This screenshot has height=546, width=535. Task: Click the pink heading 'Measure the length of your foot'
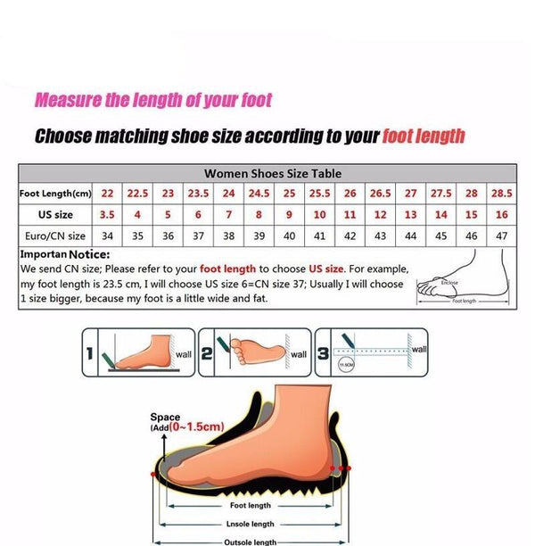[152, 101]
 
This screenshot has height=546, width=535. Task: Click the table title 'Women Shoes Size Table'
[272, 174]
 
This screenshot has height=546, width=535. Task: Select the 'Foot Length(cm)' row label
[56, 194]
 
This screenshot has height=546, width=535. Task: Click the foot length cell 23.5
[198, 194]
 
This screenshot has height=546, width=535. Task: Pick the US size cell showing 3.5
[107, 215]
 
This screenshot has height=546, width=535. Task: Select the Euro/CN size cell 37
[198, 236]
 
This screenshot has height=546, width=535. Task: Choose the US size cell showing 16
[502, 215]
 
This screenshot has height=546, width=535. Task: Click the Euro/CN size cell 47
[502, 236]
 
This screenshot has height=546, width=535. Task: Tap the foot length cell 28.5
[502, 194]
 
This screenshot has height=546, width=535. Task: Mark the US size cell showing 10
[319, 215]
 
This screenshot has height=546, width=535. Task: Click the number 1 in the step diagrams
[91, 353]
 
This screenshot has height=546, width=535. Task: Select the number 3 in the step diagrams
[323, 353]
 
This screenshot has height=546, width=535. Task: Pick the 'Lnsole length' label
[251, 525]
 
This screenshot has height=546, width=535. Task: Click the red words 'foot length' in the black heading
[424, 136]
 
